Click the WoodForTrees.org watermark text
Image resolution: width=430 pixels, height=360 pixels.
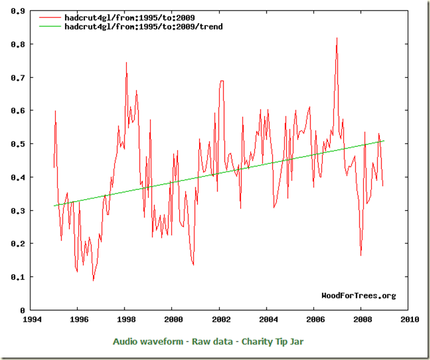pos(358,296)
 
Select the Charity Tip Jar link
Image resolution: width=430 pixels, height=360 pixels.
pos(273,342)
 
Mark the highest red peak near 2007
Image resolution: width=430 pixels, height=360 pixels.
pos(336,38)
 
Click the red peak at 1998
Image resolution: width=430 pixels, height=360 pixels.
pos(126,63)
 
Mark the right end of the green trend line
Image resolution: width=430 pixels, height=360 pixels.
pos(384,141)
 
